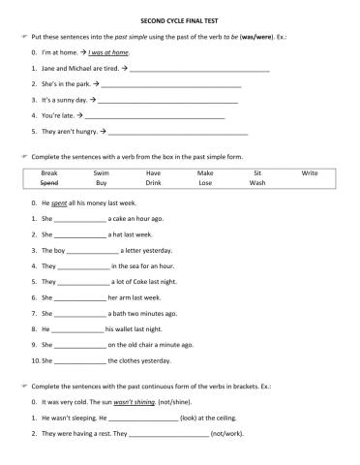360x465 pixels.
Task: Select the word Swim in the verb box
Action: pos(102,172)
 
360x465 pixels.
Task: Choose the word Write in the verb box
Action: pos(309,172)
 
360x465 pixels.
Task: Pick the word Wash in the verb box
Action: pos(256,182)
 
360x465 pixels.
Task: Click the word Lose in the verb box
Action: pos(205,182)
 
